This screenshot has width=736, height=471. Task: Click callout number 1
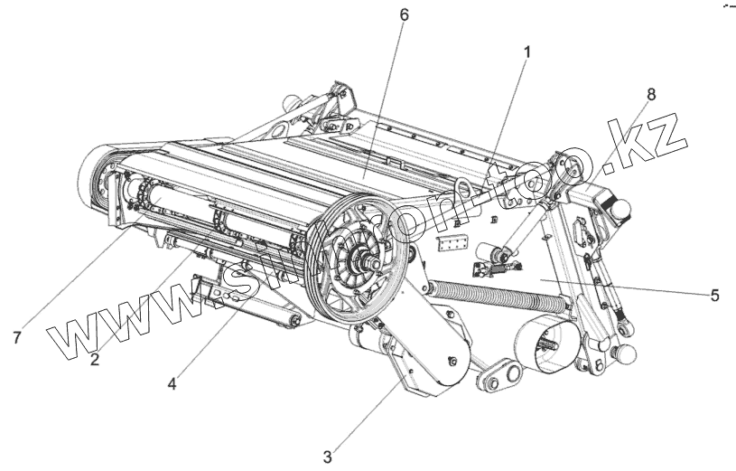click(526, 52)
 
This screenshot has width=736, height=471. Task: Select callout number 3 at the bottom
click(328, 457)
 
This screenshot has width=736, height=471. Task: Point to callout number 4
click(172, 382)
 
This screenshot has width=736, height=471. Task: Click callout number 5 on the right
click(714, 295)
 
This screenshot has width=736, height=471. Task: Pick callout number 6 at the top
click(403, 15)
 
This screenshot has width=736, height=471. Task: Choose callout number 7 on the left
click(16, 337)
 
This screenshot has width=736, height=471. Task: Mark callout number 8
click(651, 94)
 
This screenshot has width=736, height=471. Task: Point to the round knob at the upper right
click(621, 207)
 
